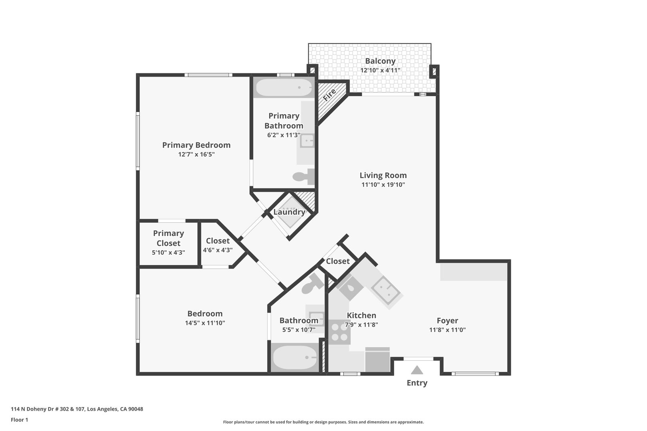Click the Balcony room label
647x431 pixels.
pos(380,61)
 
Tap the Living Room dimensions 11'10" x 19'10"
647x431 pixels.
pos(383,185)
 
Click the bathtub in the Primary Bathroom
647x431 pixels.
pos(284,87)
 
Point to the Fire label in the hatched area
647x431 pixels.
pos(329,95)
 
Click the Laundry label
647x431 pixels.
pos(289,212)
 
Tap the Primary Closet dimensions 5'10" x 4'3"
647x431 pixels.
pos(169,253)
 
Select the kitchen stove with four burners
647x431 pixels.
pos(339,332)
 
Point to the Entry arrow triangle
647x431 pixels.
pos(417,370)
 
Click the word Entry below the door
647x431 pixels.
pos(417,383)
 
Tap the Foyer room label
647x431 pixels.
pos(447,320)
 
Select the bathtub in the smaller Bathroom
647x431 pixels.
pos(295,358)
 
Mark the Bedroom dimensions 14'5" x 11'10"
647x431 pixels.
pos(205,323)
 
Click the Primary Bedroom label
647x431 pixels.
pos(196,145)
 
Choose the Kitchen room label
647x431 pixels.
pos(361,316)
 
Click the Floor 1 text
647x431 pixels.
pos(19,420)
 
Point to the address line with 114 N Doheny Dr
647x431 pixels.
pos(77,409)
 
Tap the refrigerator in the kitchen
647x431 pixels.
pos(377,360)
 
